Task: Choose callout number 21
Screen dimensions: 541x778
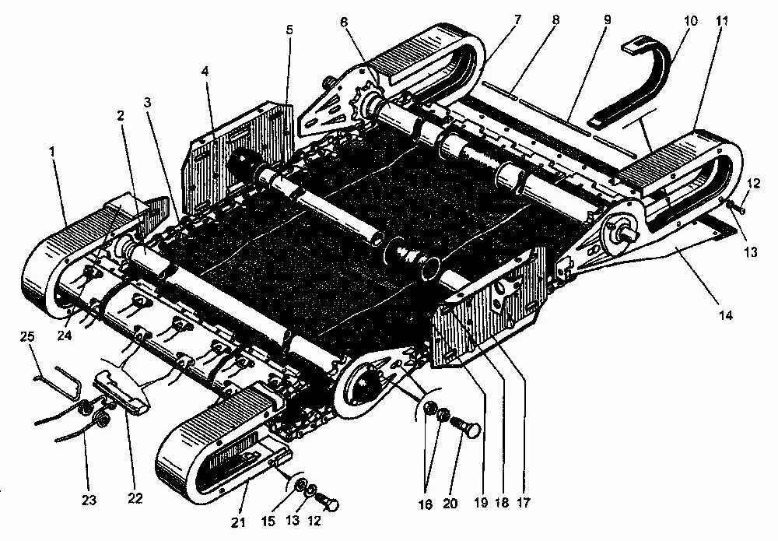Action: click(239, 520)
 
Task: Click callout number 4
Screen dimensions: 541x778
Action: click(205, 72)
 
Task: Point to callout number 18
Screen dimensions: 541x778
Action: click(503, 503)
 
